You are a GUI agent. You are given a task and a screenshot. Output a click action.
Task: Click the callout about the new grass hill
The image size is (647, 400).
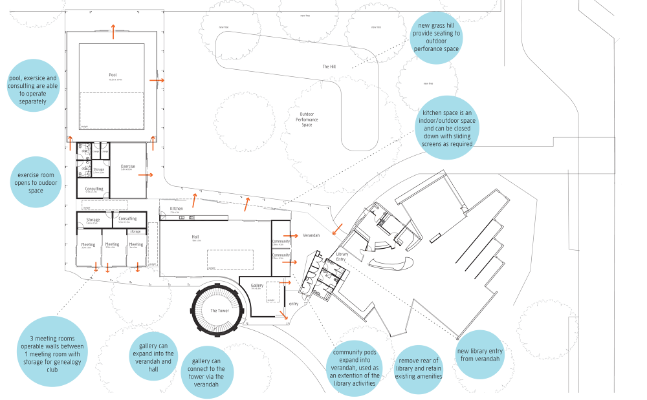point(435,37)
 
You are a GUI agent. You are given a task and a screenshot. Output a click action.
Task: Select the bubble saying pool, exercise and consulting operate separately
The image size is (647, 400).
point(32,87)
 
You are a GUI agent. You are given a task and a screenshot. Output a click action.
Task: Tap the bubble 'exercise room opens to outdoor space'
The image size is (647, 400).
point(36,182)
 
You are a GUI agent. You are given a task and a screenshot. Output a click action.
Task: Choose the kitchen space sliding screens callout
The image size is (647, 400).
point(447,128)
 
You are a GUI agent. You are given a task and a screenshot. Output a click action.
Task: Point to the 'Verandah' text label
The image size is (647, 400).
point(311,236)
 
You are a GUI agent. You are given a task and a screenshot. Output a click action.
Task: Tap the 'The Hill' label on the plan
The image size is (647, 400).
point(329,67)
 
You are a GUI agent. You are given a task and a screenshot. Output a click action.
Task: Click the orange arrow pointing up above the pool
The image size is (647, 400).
point(113,30)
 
